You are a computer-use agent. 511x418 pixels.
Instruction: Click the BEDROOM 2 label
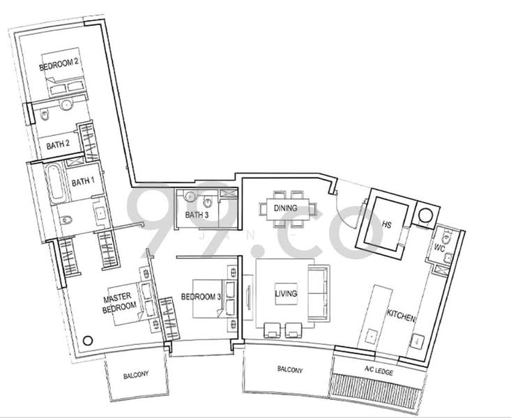click(x=59, y=64)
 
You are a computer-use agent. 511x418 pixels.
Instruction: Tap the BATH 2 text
click(x=58, y=145)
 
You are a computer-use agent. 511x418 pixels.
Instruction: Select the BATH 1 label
click(x=83, y=181)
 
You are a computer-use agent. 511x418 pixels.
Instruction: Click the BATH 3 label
click(x=197, y=215)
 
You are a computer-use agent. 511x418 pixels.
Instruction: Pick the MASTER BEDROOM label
click(x=119, y=302)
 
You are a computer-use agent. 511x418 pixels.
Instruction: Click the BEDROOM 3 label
click(x=201, y=297)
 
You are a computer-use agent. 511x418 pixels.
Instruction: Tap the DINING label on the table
click(x=286, y=208)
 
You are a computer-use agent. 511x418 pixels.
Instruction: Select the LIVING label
click(x=286, y=293)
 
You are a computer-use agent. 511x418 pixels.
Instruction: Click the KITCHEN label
click(x=401, y=316)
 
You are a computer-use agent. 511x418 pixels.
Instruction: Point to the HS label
click(x=387, y=224)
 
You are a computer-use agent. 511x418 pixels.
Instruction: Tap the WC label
click(x=439, y=248)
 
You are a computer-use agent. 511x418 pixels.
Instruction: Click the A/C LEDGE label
click(x=379, y=371)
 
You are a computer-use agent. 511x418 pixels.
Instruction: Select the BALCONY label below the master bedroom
click(x=136, y=375)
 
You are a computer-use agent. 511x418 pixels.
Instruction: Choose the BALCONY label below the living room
click(x=290, y=369)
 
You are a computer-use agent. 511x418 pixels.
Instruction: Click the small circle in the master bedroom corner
click(x=88, y=341)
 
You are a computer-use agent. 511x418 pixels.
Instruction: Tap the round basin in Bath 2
click(x=67, y=105)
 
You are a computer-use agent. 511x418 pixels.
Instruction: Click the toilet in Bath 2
click(x=44, y=114)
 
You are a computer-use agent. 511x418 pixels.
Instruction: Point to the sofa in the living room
click(x=319, y=293)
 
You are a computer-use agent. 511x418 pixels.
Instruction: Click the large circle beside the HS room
click(x=426, y=216)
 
